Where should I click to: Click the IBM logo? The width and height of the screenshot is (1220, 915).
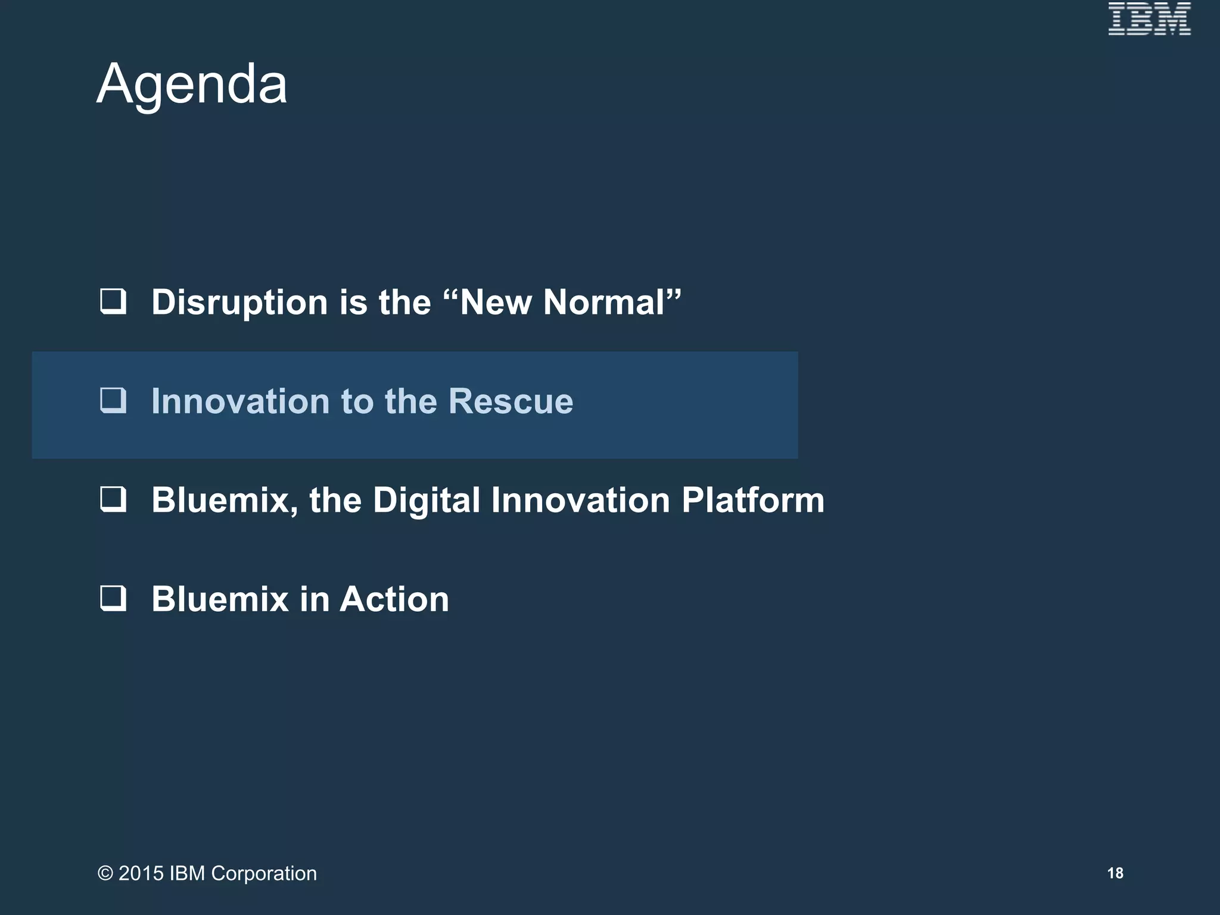[1149, 18]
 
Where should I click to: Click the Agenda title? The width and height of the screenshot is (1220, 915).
[192, 85]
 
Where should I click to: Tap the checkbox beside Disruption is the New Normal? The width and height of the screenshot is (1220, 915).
[113, 301]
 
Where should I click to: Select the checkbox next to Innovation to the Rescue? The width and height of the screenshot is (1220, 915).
[113, 400]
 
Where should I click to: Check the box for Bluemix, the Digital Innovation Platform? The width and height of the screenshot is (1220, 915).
[113, 499]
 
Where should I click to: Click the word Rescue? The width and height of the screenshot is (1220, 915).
[511, 401]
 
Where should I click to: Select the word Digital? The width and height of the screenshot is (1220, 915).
[426, 500]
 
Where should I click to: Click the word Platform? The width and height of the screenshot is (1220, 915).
[753, 500]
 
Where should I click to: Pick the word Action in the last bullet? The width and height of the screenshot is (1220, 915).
[394, 599]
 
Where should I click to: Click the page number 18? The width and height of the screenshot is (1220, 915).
[1115, 873]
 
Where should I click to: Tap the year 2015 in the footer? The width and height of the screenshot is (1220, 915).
[141, 873]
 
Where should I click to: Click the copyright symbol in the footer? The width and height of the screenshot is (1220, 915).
[105, 873]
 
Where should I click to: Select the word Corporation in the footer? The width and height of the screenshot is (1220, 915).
[264, 873]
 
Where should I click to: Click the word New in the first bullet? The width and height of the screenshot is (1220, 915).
[496, 302]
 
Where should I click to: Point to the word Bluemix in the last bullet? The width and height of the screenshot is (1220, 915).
[220, 599]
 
